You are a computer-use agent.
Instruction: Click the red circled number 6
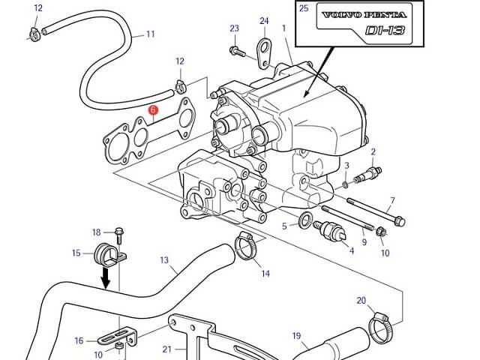[x=153, y=110]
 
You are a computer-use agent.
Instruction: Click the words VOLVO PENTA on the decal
[x=364, y=15]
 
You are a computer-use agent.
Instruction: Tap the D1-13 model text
[x=385, y=30]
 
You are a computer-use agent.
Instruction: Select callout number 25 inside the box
[x=304, y=8]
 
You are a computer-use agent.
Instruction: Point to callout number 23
[x=234, y=28]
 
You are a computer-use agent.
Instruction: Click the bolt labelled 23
[x=237, y=51]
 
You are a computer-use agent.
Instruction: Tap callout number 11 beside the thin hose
[x=150, y=34]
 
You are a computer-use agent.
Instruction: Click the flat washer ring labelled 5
[x=305, y=220]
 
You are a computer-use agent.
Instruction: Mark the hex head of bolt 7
[x=400, y=221]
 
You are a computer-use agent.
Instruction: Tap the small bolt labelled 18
[x=119, y=235]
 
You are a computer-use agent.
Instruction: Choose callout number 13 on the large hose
[x=164, y=260]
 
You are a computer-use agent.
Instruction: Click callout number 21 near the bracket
[x=166, y=349]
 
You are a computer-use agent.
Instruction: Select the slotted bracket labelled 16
[x=115, y=335]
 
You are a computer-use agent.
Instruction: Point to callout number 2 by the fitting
[x=373, y=151]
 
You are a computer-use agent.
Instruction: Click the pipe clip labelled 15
[x=109, y=255]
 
